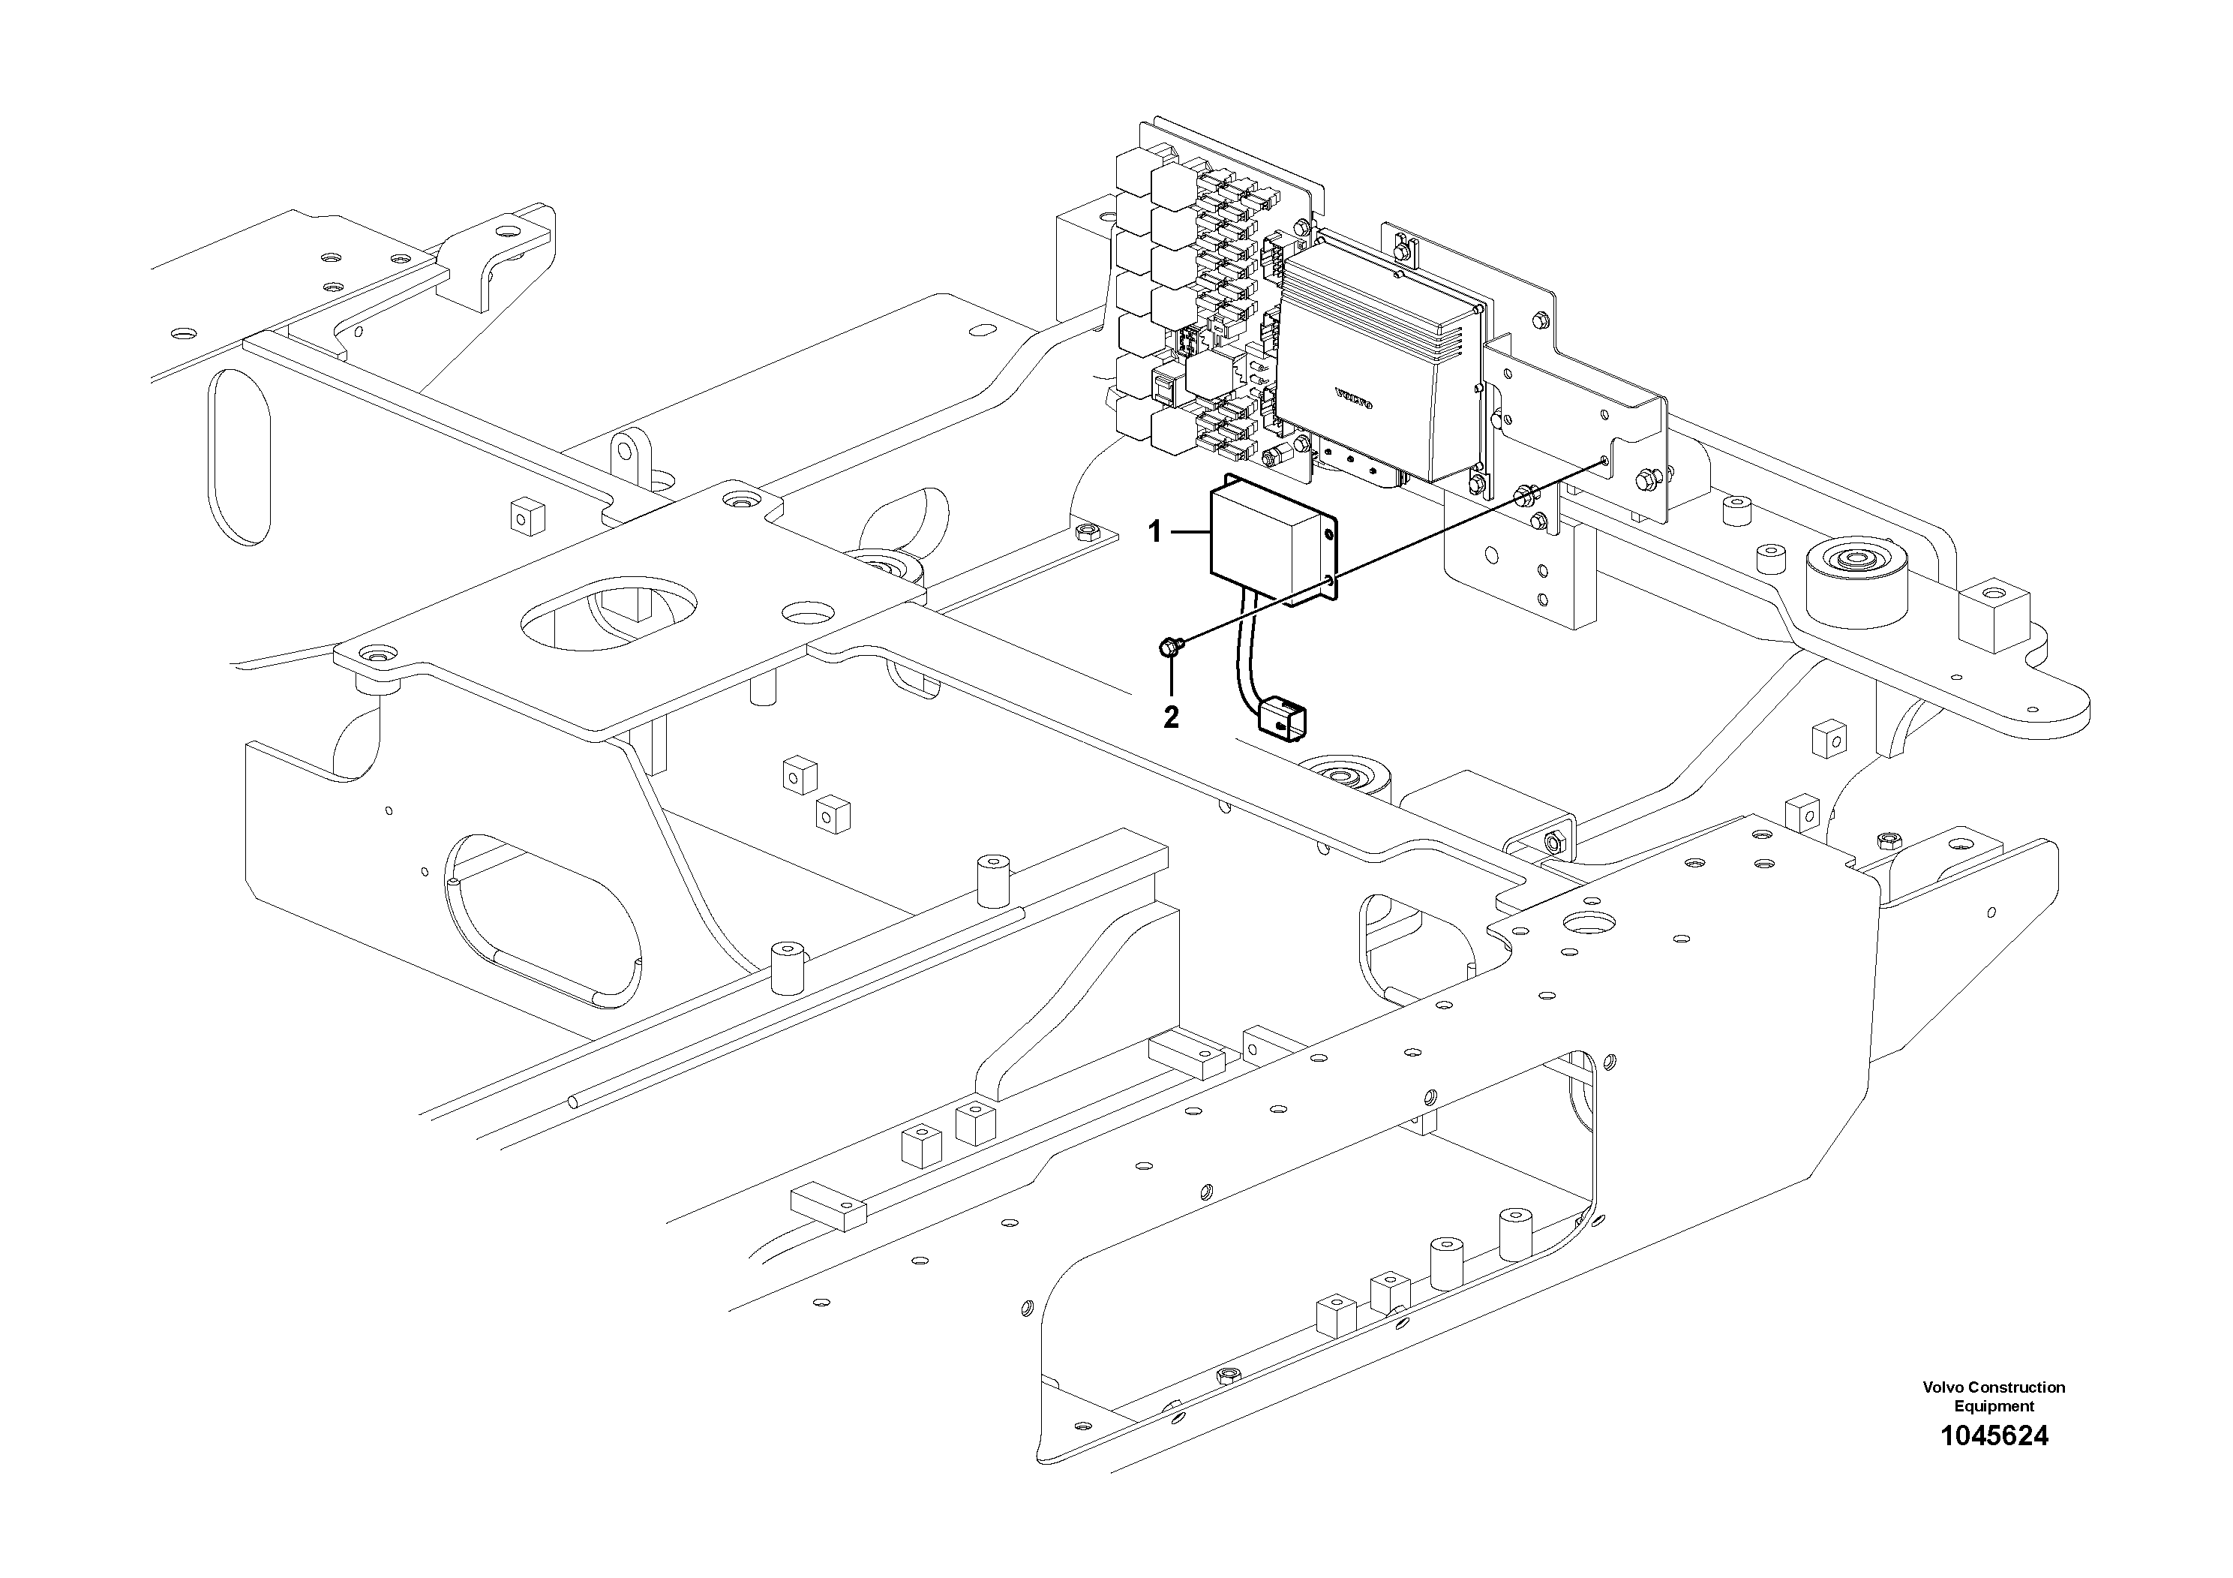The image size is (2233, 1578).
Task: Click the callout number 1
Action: tap(1154, 532)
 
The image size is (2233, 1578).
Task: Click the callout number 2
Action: tap(1171, 718)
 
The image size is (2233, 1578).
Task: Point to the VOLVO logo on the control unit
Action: tap(1353, 400)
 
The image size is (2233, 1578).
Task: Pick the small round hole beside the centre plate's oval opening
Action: tap(808, 614)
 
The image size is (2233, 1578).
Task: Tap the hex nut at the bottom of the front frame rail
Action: tap(1226, 1375)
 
